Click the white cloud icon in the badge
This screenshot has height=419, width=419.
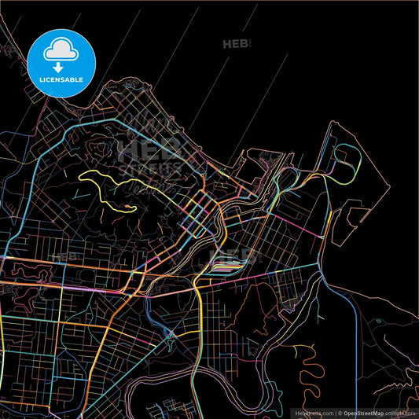point(61,50)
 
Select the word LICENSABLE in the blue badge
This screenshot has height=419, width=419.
point(61,79)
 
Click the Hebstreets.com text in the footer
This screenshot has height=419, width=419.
point(313,413)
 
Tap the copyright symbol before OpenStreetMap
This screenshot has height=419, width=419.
point(340,413)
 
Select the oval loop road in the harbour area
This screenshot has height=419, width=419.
point(346,161)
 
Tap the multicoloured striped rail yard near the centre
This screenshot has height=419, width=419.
point(224,267)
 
